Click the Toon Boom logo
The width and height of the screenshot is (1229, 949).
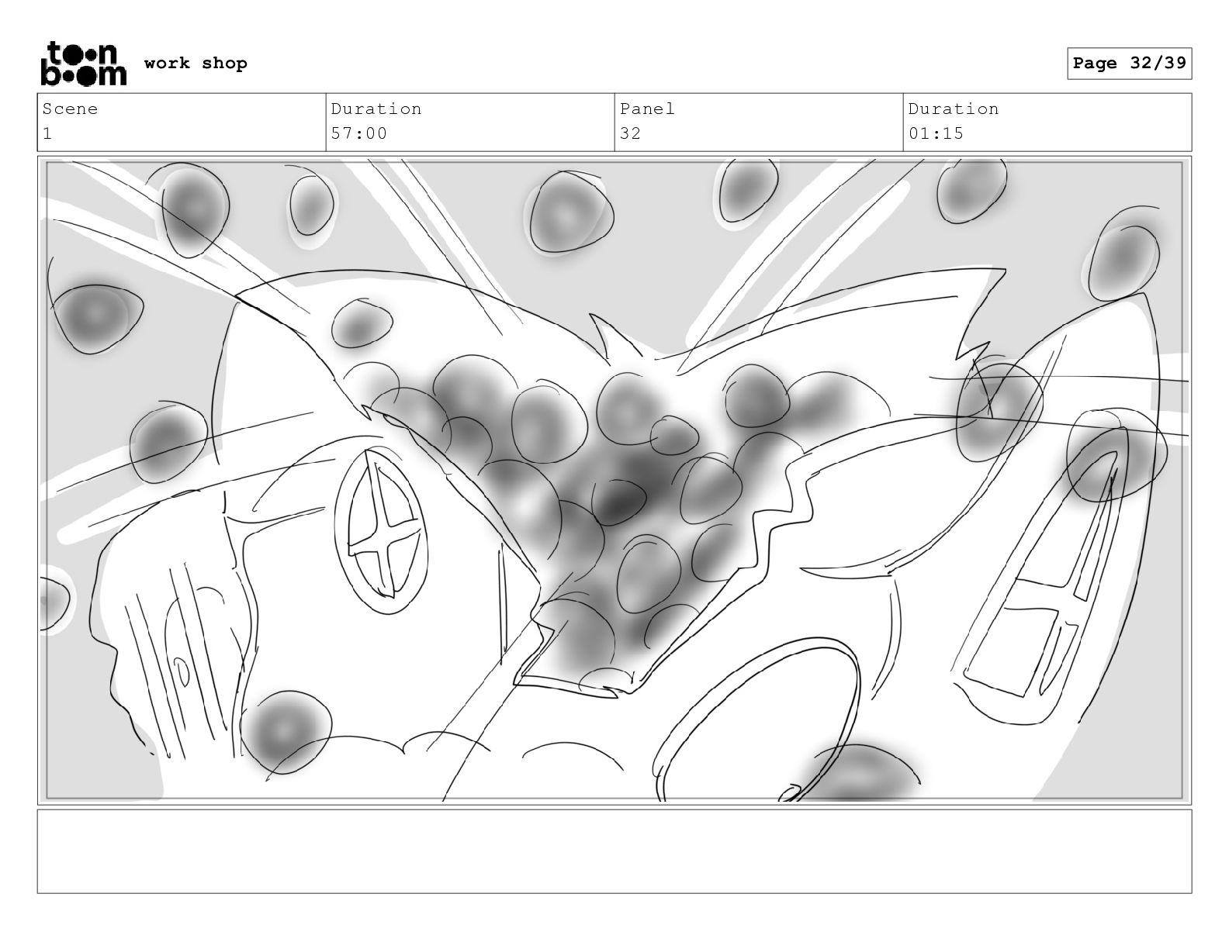(84, 64)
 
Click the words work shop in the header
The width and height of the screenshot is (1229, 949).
(196, 63)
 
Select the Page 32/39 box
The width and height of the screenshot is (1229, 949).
(1129, 64)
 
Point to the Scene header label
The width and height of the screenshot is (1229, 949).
(70, 109)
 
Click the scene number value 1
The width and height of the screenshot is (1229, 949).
(47, 134)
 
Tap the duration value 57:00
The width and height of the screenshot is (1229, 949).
(358, 134)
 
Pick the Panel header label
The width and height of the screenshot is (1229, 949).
(647, 109)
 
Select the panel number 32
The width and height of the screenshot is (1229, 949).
(630, 134)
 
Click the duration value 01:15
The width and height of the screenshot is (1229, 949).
(936, 134)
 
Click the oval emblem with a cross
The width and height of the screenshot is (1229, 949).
(381, 530)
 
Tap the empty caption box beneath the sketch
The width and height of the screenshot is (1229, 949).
(614, 851)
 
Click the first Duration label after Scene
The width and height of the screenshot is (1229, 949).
(376, 109)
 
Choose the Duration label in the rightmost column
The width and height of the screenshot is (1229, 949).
(954, 109)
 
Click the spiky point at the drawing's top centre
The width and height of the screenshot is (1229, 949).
(590, 314)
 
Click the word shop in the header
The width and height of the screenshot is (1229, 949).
(224, 64)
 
